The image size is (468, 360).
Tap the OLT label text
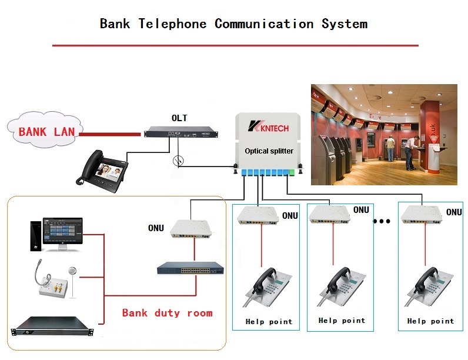pyautogui.click(x=179, y=118)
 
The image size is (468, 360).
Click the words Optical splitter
pyautogui.click(x=269, y=151)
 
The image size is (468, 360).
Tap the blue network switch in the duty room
pyautogui.click(x=190, y=269)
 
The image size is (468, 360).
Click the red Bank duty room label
pyautogui.click(x=167, y=313)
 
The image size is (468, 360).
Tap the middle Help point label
pyautogui.click(x=342, y=321)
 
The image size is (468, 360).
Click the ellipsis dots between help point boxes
pyautogui.click(x=382, y=222)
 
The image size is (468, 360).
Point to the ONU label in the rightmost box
pyautogui.click(x=454, y=212)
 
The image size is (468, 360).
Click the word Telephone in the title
pyautogui.click(x=172, y=24)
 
